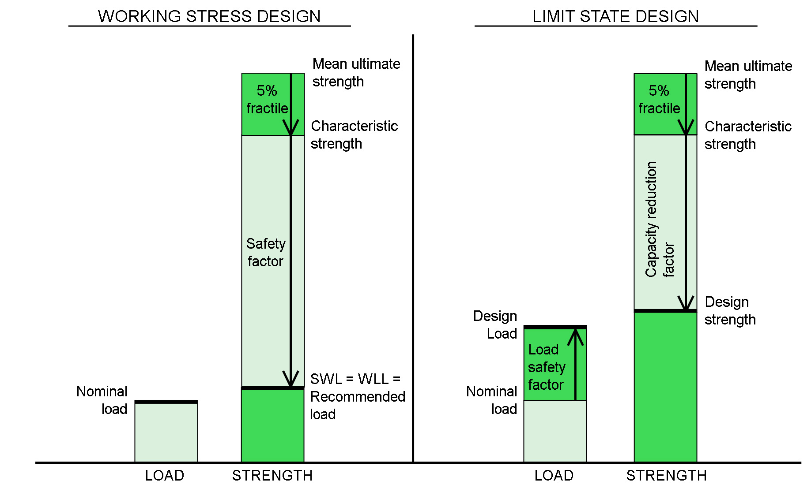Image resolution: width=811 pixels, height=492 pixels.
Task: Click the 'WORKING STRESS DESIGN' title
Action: [x=209, y=16]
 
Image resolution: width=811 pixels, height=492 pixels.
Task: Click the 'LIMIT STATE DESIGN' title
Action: [x=615, y=16]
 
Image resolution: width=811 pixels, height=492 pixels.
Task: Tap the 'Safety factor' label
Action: [x=265, y=253]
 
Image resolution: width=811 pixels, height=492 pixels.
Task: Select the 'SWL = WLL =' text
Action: [x=355, y=379]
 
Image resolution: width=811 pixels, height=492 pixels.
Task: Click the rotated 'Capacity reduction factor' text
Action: [x=659, y=220]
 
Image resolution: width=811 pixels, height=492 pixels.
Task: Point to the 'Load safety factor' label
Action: [x=546, y=367]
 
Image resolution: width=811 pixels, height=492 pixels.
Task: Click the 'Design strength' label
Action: [x=730, y=311]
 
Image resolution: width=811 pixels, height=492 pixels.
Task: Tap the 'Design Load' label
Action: [x=495, y=325]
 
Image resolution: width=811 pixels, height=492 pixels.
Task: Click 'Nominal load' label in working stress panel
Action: [x=102, y=400]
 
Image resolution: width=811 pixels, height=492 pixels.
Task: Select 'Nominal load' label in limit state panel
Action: [x=492, y=400]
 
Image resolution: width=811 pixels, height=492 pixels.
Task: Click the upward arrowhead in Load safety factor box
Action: [x=575, y=336]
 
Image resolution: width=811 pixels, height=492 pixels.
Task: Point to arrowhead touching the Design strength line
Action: [x=686, y=303]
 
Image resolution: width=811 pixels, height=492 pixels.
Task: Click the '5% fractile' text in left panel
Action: [x=267, y=100]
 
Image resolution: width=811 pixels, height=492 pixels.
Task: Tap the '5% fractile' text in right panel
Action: [x=659, y=100]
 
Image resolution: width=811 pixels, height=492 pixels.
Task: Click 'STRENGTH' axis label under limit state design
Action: [x=666, y=476]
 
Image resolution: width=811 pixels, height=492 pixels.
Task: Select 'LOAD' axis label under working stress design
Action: [x=165, y=476]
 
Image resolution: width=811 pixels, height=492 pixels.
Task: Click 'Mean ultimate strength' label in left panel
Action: [x=356, y=73]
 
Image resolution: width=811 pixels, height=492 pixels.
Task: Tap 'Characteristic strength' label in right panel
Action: [x=747, y=135]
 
